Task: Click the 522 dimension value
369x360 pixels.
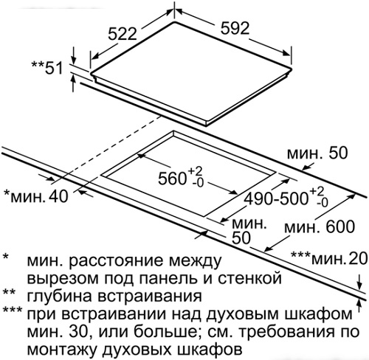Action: pos(123,34)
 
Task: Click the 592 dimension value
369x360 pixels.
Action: pos(235,28)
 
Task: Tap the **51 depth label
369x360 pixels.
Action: pos(47,68)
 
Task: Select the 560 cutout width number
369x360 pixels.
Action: pos(172,179)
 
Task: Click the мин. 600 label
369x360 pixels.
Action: pos(320,226)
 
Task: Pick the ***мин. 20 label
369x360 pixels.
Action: pos(329,258)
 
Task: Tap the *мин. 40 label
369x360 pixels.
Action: pos(36,196)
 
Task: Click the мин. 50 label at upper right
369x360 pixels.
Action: pos(317,153)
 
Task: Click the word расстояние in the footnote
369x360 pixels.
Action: pos(119,261)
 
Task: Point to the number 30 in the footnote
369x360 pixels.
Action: pos(78,332)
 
